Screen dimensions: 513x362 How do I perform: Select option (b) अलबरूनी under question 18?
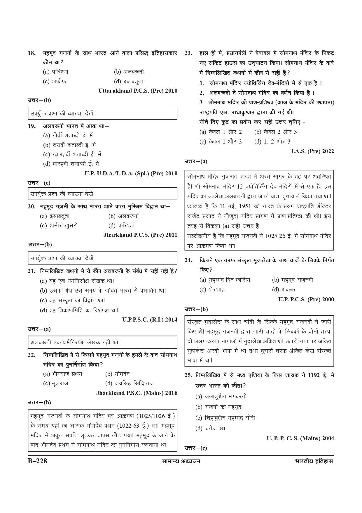click(129, 72)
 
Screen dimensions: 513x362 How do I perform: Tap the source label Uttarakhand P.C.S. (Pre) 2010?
click(138, 91)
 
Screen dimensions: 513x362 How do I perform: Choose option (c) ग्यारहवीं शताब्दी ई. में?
click(72, 154)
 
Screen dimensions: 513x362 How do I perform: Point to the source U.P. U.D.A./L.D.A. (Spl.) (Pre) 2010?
click(131, 173)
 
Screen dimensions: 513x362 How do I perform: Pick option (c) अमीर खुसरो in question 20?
click(59, 226)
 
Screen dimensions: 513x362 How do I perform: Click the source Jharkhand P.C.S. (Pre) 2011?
click(140, 235)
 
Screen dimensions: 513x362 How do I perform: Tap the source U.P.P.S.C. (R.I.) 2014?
click(150, 319)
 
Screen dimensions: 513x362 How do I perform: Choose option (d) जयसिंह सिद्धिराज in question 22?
click(130, 383)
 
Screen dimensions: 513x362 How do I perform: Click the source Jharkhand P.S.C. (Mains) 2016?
click(137, 393)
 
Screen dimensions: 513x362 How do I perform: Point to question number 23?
click(188, 53)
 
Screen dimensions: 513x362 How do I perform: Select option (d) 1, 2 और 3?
click(272, 142)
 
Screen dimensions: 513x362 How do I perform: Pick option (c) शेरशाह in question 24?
click(212, 290)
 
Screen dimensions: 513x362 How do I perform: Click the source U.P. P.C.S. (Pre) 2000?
click(306, 299)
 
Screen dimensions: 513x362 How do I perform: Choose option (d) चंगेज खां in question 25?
click(210, 429)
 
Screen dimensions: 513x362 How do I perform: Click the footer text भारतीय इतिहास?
click(314, 462)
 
